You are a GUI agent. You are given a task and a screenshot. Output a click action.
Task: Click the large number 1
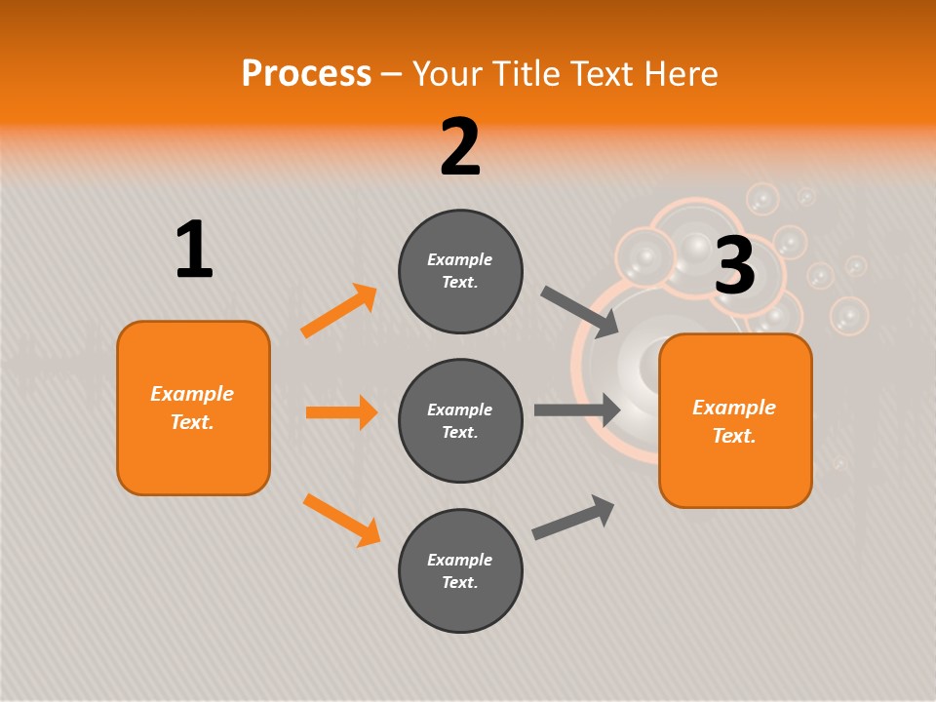[194, 251]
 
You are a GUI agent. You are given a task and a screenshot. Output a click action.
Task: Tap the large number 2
[460, 147]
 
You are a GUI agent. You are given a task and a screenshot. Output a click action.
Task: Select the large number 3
[735, 266]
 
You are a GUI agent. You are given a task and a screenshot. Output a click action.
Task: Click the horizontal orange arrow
[341, 412]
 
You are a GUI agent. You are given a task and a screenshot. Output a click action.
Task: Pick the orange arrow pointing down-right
[342, 520]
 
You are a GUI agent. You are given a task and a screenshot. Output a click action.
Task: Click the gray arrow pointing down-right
[580, 312]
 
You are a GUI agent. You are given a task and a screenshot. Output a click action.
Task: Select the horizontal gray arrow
[577, 409]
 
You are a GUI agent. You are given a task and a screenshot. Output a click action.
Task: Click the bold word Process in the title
[306, 73]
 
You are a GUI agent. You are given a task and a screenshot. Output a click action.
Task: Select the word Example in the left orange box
[192, 394]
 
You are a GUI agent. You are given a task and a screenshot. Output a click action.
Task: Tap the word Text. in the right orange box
[734, 436]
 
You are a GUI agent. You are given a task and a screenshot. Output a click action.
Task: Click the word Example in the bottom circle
[460, 560]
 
